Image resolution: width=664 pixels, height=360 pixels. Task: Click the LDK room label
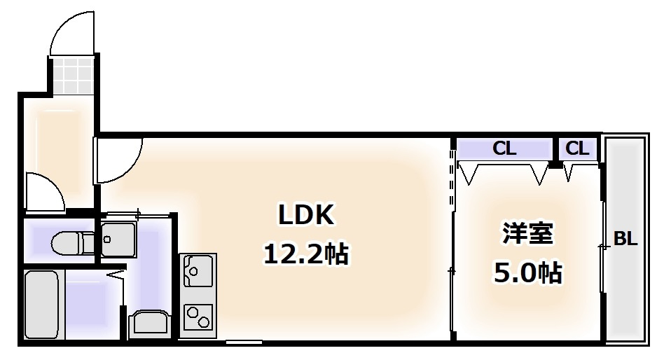click(x=306, y=215)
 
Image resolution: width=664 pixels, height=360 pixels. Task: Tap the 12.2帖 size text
click(x=306, y=254)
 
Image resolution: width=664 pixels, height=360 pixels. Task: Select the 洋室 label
click(x=527, y=233)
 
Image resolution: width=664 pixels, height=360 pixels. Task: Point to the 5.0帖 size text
click(x=527, y=273)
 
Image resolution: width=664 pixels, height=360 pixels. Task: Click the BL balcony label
click(x=625, y=240)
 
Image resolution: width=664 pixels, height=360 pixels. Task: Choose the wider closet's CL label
click(x=504, y=148)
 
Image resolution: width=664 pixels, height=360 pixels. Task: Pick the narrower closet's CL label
click(x=577, y=148)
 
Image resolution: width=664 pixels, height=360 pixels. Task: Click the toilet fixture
click(x=73, y=242)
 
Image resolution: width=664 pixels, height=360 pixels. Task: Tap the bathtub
click(x=41, y=304)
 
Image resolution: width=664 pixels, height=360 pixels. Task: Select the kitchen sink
click(x=198, y=270)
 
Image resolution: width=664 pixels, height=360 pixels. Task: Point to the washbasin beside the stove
click(x=150, y=323)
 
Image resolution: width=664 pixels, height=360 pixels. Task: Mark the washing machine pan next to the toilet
click(x=118, y=240)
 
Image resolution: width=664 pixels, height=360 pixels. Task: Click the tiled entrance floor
click(x=72, y=76)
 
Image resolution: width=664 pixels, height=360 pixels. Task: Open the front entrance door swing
click(x=72, y=33)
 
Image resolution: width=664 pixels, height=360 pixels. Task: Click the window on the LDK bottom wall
click(x=244, y=342)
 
